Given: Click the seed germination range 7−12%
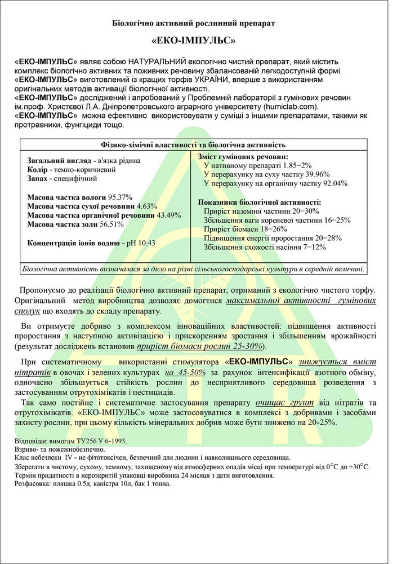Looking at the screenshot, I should (x=311, y=247).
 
